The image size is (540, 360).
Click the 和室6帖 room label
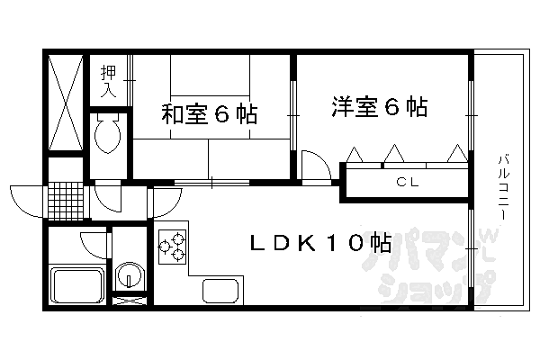pos(210,114)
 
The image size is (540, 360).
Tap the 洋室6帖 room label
pos(380,107)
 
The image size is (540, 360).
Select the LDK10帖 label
pos(320,242)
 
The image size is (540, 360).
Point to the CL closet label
pos(407,182)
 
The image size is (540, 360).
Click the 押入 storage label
pos(109,81)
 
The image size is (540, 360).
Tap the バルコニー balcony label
pos(503,188)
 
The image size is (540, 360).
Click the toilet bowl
pos(108,133)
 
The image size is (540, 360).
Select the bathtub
pos(77,285)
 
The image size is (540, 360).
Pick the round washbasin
pos(129,275)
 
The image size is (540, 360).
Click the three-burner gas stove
pos(172,247)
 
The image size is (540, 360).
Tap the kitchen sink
pos(220,291)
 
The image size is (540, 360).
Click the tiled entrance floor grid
pos(66,201)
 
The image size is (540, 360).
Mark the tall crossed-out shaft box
pos(66,103)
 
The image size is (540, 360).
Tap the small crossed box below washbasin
pos(129,301)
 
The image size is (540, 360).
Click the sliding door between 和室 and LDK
pos(211,182)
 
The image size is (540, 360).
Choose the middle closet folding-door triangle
pos(394,153)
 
